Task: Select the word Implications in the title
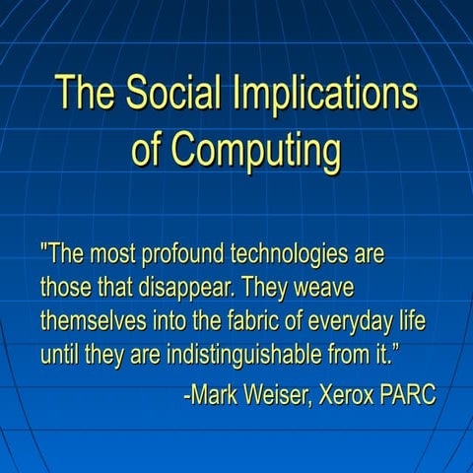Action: [325, 95]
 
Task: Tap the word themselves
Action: [94, 321]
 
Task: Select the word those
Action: [64, 288]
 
